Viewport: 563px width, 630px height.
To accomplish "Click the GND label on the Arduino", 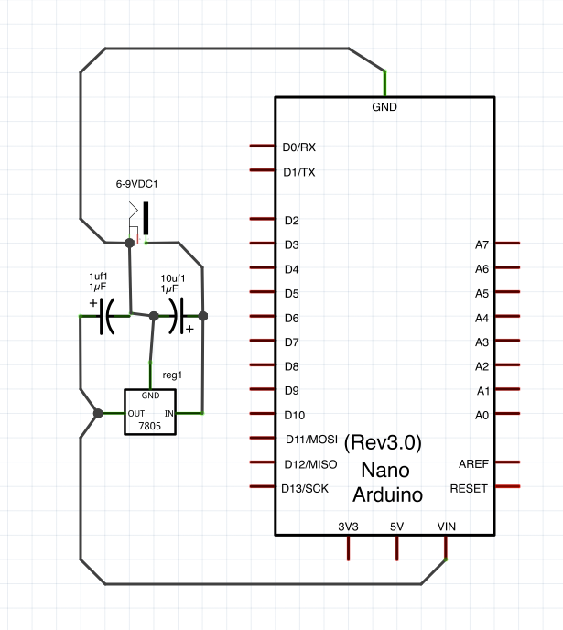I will [x=384, y=107].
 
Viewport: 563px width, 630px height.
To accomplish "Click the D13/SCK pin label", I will [x=304, y=488].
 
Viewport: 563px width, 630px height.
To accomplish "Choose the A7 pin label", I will [x=482, y=244].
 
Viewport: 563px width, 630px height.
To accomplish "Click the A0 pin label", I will [x=482, y=415].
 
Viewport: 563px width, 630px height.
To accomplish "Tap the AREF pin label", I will [x=473, y=464].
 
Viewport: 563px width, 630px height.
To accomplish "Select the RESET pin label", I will [x=469, y=488].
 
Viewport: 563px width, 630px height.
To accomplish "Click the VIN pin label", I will [x=447, y=527].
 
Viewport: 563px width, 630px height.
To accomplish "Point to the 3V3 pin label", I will [x=348, y=527].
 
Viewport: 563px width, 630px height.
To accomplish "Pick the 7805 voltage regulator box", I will [x=150, y=413].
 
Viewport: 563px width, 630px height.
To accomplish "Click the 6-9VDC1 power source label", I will [x=136, y=184].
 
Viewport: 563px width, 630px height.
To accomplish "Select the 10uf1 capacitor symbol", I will [x=179, y=316].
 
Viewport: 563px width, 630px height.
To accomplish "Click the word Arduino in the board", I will [x=388, y=496].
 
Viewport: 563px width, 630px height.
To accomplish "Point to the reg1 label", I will [x=172, y=375].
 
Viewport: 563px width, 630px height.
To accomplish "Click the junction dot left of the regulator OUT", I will [x=98, y=414].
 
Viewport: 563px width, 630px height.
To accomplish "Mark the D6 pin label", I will [x=291, y=318].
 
